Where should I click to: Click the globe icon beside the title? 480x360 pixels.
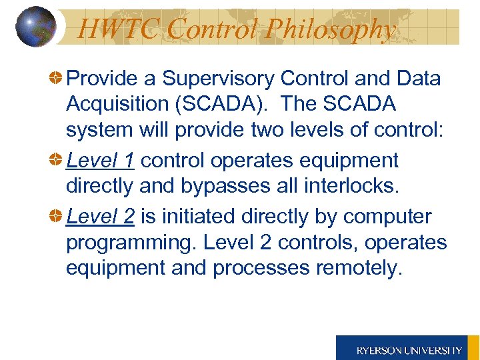coord(35,27)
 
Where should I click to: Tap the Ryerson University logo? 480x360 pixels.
coord(408,349)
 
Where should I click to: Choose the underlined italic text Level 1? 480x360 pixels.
coord(100,161)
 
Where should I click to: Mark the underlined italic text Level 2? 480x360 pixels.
coord(100,217)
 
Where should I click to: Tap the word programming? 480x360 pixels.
coord(127,242)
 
